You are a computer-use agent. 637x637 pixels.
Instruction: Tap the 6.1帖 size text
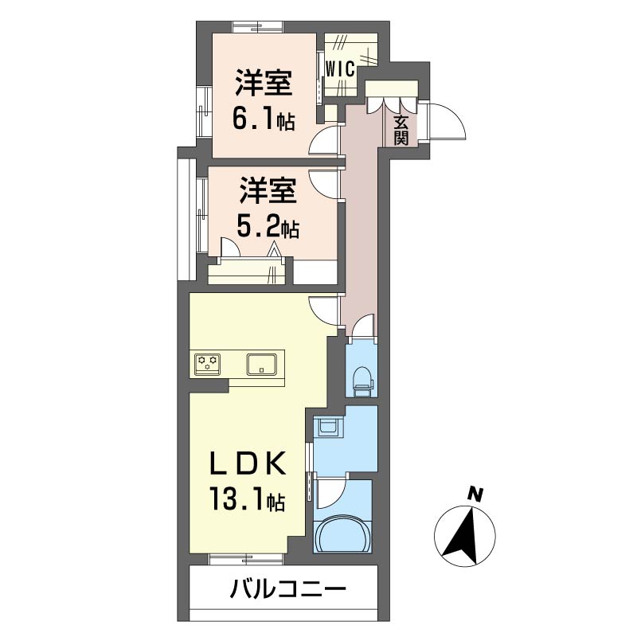(263, 119)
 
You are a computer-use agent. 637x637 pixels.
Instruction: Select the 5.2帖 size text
(268, 229)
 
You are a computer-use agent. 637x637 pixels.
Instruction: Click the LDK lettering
(247, 464)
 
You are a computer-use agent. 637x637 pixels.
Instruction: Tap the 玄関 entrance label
(401, 130)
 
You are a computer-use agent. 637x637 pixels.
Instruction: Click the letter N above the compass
(475, 494)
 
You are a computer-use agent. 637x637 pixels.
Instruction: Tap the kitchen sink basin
(262, 364)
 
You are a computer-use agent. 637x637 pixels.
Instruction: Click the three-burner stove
(209, 364)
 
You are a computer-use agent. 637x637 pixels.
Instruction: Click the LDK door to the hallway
(323, 309)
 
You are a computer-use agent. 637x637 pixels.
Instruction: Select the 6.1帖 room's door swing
(324, 142)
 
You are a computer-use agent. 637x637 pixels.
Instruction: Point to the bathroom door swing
(330, 494)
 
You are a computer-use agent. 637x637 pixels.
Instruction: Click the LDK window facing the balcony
(247, 558)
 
